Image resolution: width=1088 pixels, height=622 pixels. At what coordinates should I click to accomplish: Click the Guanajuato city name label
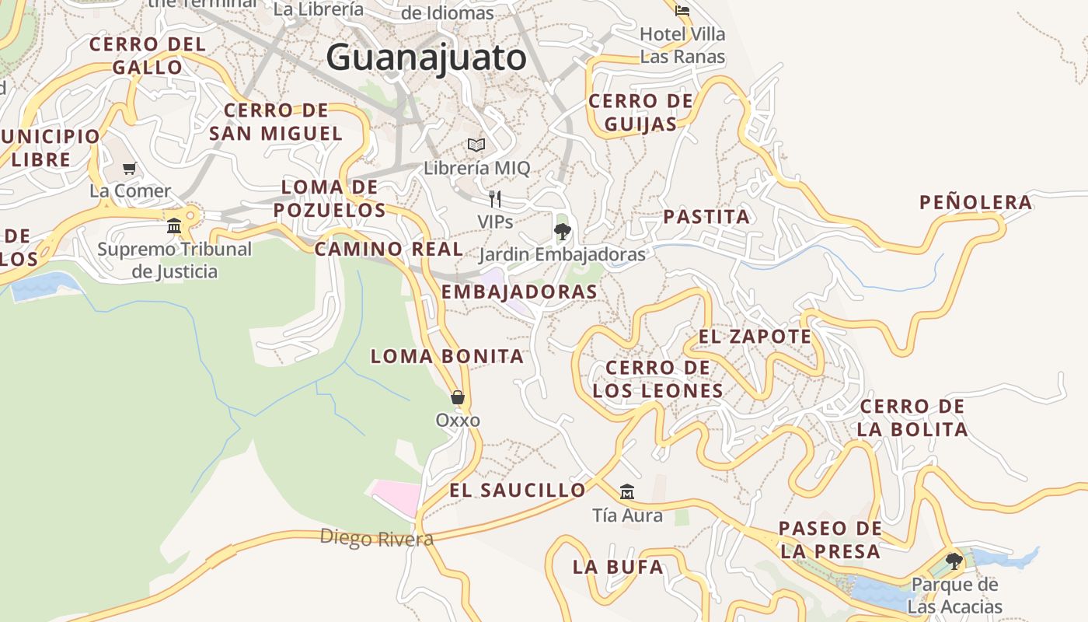[x=426, y=58]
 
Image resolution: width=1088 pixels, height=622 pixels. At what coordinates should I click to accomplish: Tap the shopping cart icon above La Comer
[x=130, y=168]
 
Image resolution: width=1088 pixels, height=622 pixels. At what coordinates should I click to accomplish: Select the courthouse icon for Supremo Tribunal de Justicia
[x=174, y=225]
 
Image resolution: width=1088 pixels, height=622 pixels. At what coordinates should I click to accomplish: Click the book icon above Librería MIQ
[x=476, y=145]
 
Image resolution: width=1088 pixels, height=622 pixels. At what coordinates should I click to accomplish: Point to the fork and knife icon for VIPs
[x=494, y=199]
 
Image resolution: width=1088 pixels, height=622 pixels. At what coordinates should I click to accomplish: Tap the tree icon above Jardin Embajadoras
[x=562, y=231]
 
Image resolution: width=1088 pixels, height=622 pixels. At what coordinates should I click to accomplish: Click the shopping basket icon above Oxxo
[x=458, y=397]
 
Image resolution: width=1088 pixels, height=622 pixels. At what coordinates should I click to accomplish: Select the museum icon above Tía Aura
[x=627, y=491]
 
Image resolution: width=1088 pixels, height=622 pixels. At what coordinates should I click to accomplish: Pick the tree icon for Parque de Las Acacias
[x=954, y=561]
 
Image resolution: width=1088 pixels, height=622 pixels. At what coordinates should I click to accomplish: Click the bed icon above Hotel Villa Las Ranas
[x=682, y=11]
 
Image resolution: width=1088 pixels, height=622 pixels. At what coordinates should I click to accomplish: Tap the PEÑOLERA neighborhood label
[x=976, y=203]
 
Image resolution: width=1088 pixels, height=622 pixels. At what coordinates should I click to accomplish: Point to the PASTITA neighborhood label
[x=706, y=217]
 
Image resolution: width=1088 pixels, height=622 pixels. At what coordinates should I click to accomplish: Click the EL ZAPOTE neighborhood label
[x=755, y=337]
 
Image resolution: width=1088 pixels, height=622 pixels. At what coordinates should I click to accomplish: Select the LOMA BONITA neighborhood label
[x=447, y=357]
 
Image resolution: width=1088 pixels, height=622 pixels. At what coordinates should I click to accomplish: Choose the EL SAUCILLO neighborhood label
[x=517, y=490]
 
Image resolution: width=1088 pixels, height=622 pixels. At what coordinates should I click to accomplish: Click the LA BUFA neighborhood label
[x=618, y=567]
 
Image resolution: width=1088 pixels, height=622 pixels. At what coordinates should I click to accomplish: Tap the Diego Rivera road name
[x=376, y=538]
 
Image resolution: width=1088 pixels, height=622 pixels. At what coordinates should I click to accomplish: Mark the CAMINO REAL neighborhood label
[x=389, y=250]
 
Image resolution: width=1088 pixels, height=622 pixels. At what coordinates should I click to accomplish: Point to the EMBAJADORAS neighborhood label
[x=519, y=292]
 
